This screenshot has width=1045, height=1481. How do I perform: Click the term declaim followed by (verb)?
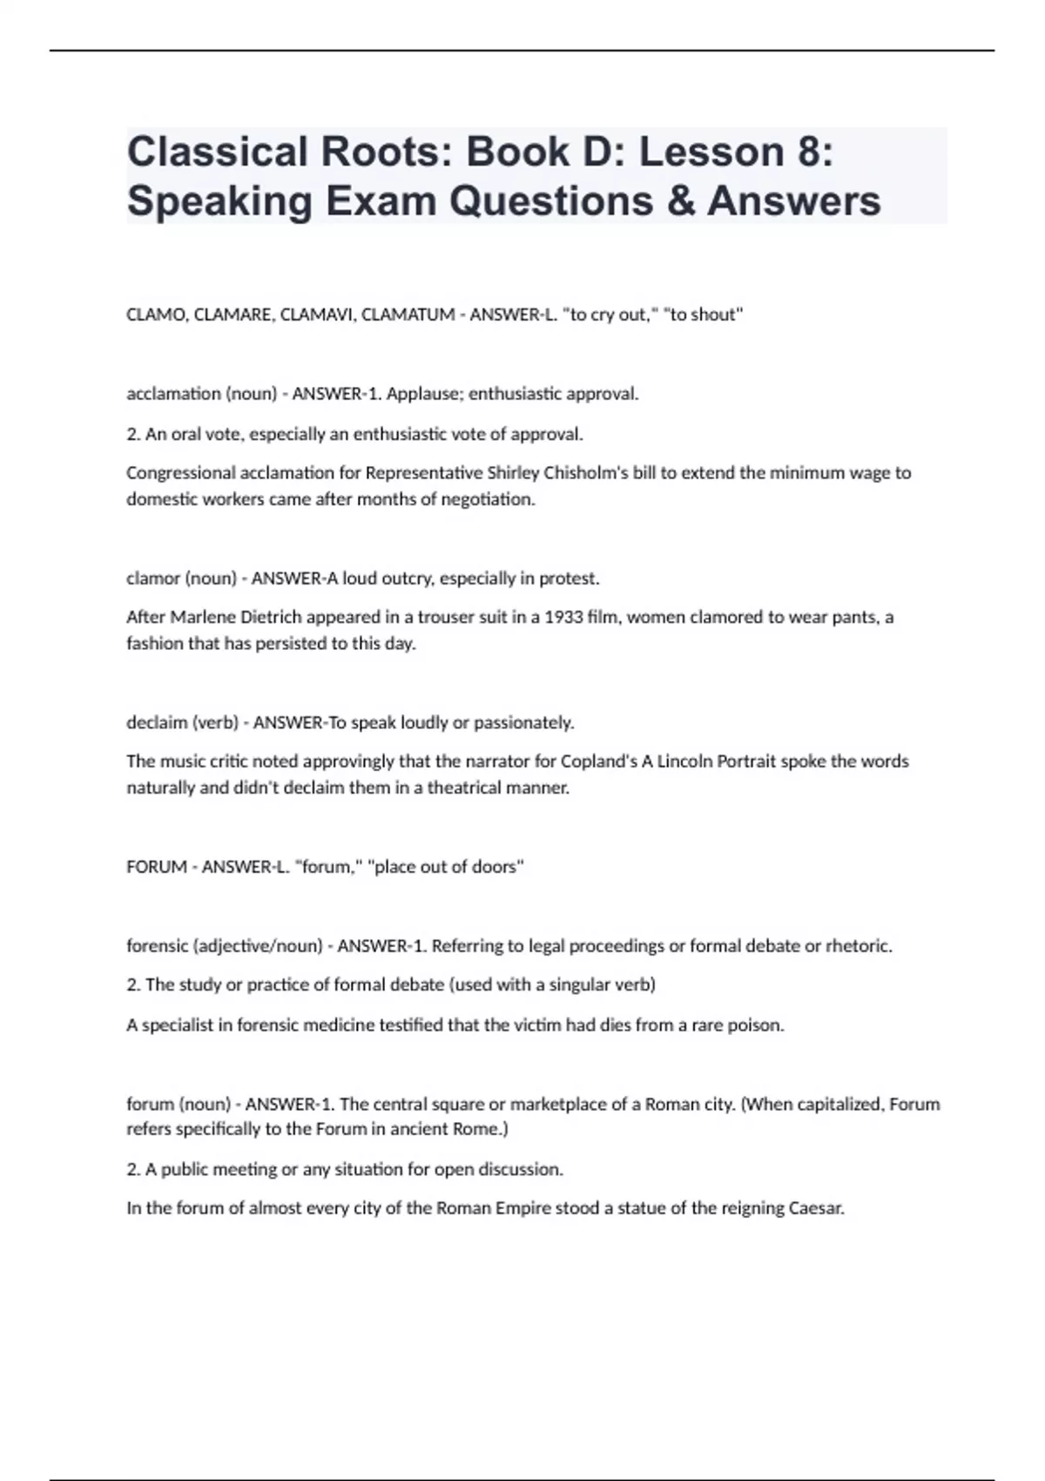pos(156,722)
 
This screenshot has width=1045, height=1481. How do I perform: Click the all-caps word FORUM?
pos(157,867)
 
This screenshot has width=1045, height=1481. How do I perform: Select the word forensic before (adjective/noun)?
pos(157,946)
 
